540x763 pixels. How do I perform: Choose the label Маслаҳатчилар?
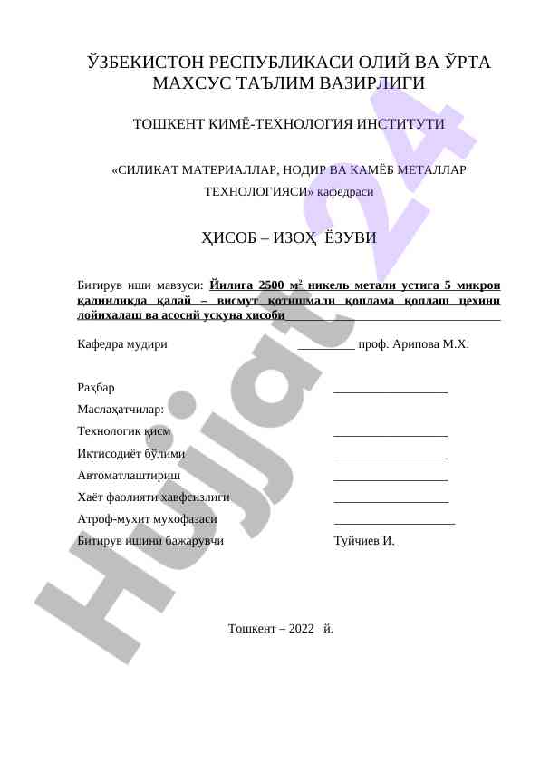(x=121, y=410)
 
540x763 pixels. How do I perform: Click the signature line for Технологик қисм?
(x=391, y=436)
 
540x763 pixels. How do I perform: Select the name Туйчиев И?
(x=364, y=541)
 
